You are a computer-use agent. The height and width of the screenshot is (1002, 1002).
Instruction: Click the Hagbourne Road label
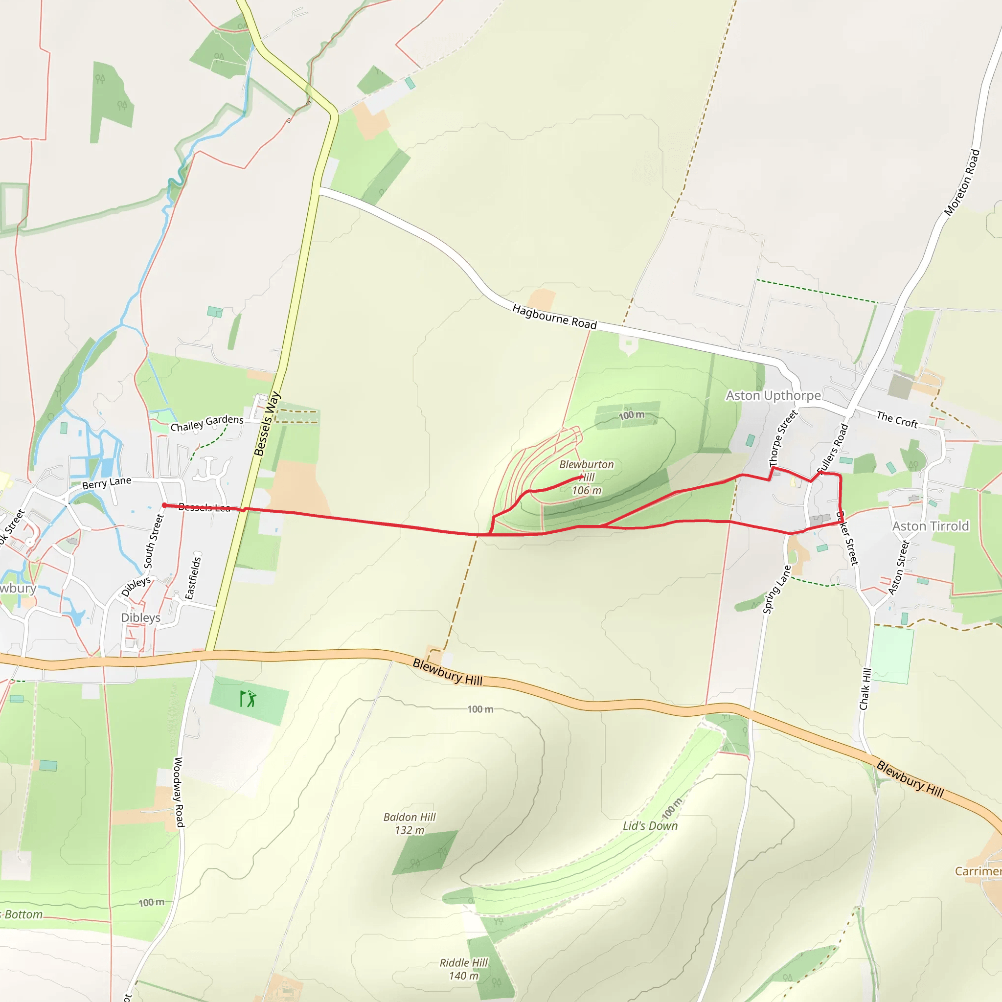[x=554, y=317]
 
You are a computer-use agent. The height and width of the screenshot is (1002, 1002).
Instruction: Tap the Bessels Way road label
[x=267, y=424]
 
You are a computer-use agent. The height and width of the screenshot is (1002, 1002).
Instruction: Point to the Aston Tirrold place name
[x=931, y=526]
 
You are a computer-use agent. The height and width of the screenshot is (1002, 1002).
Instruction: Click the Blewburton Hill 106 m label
[x=587, y=477]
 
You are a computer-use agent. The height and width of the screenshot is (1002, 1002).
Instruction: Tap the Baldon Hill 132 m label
[x=409, y=823]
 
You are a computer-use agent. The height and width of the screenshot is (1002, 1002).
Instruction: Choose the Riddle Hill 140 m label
[x=464, y=969]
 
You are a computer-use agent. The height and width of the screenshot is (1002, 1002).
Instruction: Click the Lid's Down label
[x=650, y=826]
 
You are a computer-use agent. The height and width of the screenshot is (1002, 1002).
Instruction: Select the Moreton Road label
[x=962, y=182]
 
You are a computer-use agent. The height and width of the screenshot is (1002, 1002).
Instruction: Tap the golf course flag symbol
[x=248, y=699]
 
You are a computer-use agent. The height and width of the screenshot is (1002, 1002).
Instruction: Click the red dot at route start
[x=164, y=505]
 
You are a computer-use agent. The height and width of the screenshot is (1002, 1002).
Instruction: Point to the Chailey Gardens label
[x=207, y=423]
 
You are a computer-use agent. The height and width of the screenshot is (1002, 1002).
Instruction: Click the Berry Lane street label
[x=107, y=483]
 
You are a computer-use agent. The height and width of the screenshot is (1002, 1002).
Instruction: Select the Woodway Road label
[x=179, y=792]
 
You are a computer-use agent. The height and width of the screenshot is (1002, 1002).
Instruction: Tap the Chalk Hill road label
[x=865, y=689]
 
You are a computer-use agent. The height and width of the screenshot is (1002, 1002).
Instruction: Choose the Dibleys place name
[x=140, y=618]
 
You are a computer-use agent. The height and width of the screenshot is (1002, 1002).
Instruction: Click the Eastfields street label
[x=193, y=578]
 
